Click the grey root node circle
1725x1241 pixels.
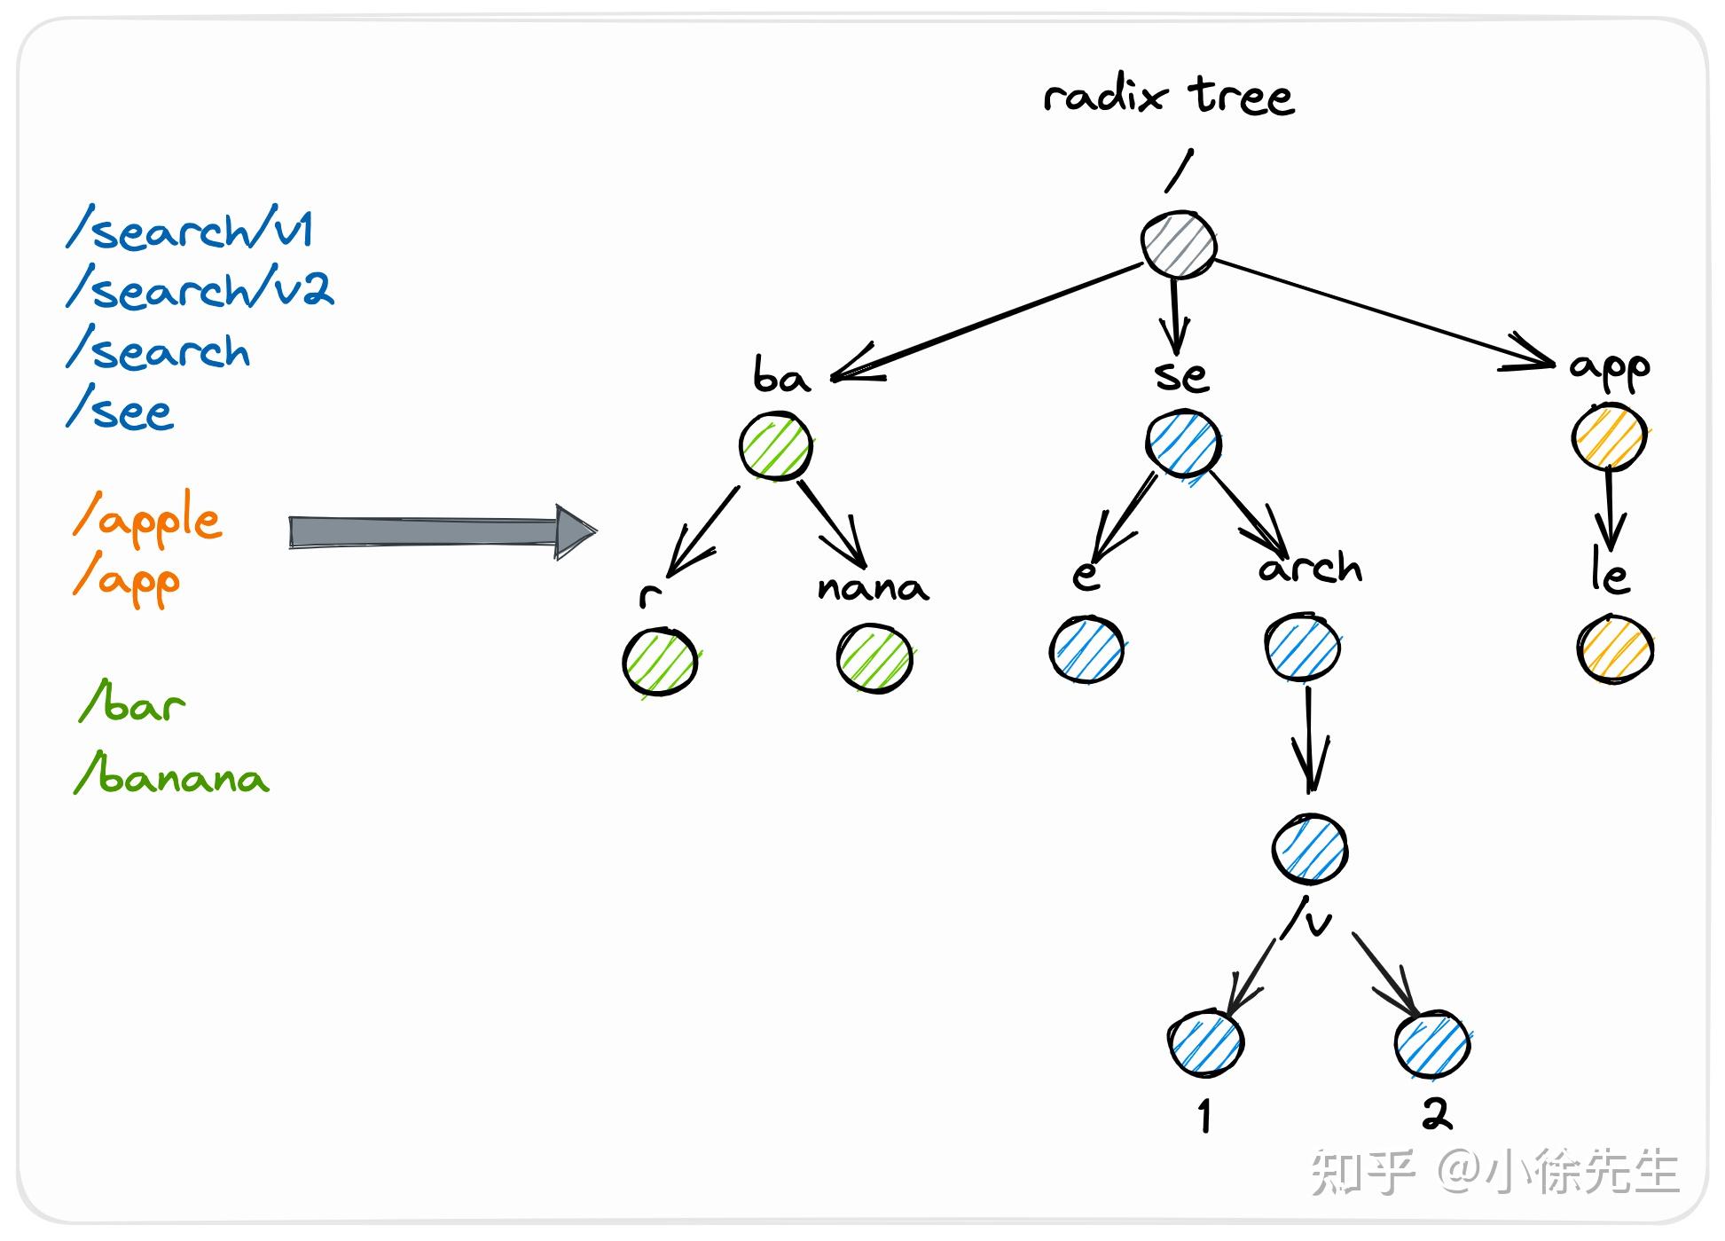(x=1179, y=245)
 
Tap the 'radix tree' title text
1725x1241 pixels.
(x=1169, y=96)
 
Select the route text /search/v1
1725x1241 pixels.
(x=190, y=230)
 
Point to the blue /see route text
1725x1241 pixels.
(x=121, y=411)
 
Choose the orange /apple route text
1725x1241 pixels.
(x=147, y=520)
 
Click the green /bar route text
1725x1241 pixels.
(x=133, y=703)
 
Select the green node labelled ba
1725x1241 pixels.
(x=776, y=446)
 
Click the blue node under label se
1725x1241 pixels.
(x=1183, y=444)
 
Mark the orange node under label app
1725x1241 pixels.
(x=1609, y=436)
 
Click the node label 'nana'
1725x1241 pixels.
(x=873, y=587)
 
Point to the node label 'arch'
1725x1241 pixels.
(x=1310, y=568)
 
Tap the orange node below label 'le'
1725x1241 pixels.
(x=1615, y=649)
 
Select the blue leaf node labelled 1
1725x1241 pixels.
(x=1205, y=1043)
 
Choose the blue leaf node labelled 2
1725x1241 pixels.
(x=1432, y=1043)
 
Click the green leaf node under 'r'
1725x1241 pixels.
(x=660, y=662)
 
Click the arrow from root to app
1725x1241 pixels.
(x=1384, y=311)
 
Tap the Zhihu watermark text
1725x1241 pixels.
(x=1494, y=1172)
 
